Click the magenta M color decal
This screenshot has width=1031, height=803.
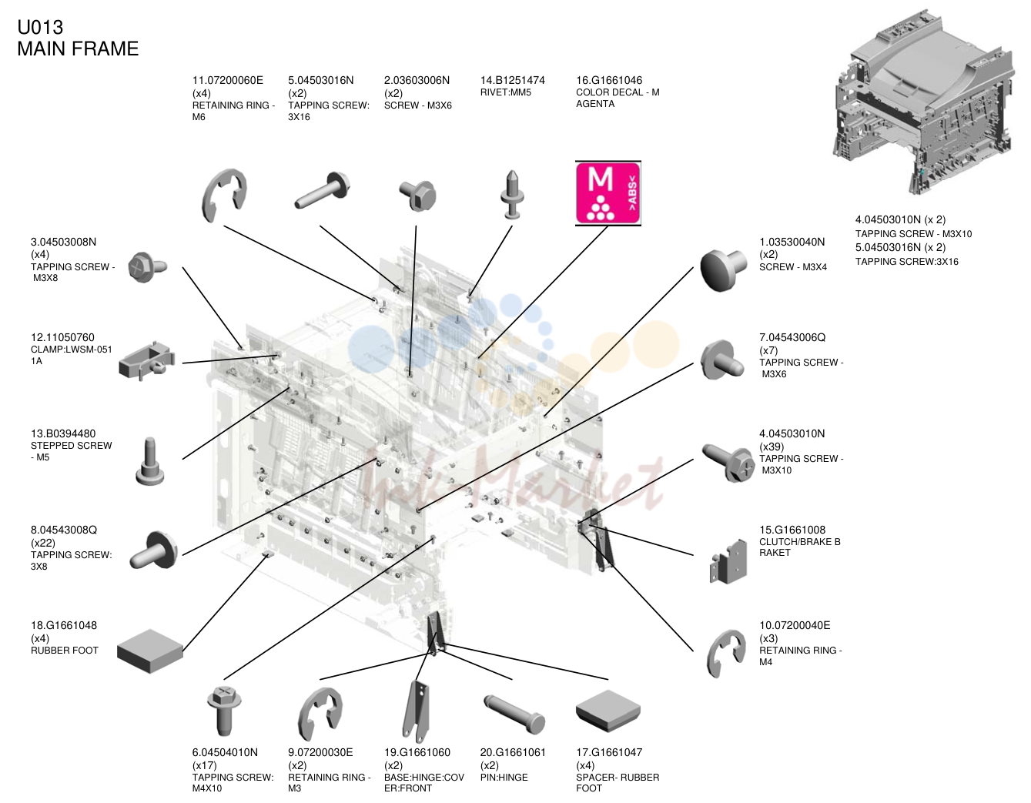608,193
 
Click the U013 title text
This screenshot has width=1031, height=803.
40,28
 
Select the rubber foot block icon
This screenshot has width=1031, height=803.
150,651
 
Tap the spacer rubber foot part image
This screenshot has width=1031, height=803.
608,711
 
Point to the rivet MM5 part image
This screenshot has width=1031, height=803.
512,195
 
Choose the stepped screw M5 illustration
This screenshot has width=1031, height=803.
150,461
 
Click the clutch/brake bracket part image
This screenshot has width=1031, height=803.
728,562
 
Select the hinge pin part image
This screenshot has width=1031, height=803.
514,714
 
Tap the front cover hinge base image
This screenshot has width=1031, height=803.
416,711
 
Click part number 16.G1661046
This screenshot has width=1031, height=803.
609,80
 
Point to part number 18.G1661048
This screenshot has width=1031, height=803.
64,625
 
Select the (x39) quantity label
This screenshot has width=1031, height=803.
772,447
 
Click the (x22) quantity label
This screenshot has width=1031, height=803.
43,543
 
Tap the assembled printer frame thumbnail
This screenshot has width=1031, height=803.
923,102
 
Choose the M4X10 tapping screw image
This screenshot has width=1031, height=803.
224,711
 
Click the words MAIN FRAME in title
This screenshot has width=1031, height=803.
78,49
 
